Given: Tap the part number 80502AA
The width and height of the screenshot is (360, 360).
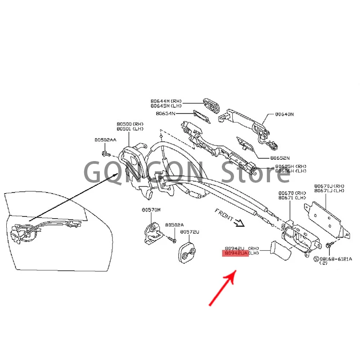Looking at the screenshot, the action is click(105, 140).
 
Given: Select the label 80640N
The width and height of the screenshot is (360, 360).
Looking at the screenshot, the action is click(284, 115).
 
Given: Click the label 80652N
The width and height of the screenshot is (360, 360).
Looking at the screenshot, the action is click(280, 158).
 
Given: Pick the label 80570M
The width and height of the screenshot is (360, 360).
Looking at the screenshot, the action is click(151, 210).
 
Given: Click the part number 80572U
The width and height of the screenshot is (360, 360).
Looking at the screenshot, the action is click(189, 232).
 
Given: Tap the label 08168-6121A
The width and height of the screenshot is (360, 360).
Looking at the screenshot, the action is click(336, 259).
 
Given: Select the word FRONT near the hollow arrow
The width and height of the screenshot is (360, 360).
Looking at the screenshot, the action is click(224, 214).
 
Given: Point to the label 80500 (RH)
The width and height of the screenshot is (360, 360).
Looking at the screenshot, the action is click(130, 123).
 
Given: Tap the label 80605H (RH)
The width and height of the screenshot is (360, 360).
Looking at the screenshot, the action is click(290, 166).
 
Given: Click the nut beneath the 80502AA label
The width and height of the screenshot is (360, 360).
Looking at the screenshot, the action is click(104, 154).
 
